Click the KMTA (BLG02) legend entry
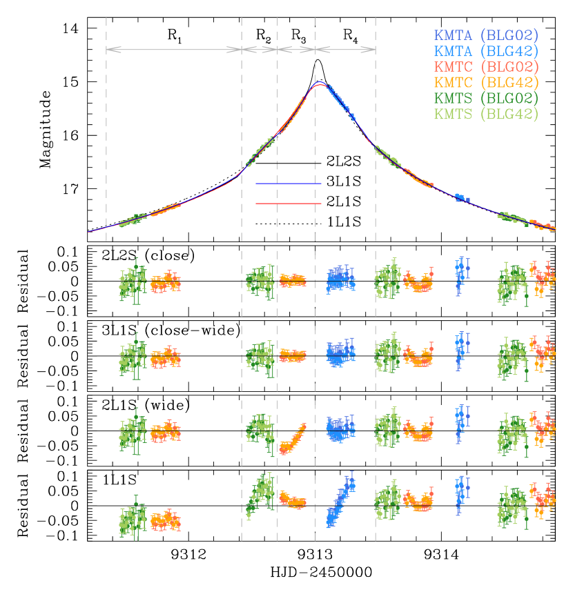point(486,35)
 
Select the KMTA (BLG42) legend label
point(486,51)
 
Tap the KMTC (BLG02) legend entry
point(486,67)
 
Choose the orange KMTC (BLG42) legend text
point(486,83)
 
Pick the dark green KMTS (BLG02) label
point(486,99)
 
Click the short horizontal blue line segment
point(289,184)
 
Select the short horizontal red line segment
point(289,204)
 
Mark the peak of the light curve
point(320,83)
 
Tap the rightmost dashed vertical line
point(376,276)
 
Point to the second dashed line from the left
point(242,276)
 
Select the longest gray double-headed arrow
point(174,50)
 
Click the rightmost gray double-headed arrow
point(345,50)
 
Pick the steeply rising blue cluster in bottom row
point(340,504)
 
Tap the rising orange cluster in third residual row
point(293,439)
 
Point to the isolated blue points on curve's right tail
point(461,198)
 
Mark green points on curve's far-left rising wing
point(133,220)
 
